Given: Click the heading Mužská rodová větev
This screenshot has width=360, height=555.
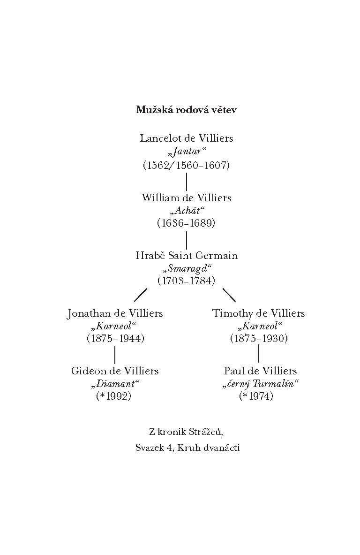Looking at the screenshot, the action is (x=187, y=110).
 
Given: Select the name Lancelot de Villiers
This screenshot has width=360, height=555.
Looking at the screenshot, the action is (x=187, y=138).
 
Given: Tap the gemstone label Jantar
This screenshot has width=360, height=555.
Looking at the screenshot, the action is (x=187, y=152).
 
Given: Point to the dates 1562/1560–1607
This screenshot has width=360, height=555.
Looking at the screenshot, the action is (x=187, y=165).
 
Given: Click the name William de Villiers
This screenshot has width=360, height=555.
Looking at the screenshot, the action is (x=187, y=198).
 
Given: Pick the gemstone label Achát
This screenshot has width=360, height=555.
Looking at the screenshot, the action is (x=187, y=211).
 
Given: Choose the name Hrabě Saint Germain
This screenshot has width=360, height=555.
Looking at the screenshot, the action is (x=187, y=256).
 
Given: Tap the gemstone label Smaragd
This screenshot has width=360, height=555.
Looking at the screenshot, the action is (x=187, y=268).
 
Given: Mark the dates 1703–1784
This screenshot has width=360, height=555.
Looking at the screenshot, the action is (x=187, y=281).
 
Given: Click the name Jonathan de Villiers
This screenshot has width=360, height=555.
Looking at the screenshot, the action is (x=115, y=313).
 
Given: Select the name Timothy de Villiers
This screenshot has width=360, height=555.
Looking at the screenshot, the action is (x=258, y=313).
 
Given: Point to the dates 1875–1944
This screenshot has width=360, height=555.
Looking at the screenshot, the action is (x=115, y=338).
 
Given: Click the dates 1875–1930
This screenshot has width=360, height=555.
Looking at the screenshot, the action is (x=259, y=338).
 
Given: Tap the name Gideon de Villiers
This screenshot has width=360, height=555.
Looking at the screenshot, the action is (x=115, y=371).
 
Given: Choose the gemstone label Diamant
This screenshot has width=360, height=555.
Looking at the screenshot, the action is (x=115, y=384).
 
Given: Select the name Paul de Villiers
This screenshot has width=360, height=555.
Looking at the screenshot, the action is (x=260, y=371).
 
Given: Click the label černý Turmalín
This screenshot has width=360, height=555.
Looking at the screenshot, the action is (x=260, y=384).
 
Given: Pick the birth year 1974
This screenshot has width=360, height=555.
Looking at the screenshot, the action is (x=256, y=396).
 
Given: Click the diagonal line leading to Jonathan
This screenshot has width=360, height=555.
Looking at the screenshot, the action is (x=141, y=295).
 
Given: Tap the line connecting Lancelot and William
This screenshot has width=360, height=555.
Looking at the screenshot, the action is (x=187, y=182).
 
